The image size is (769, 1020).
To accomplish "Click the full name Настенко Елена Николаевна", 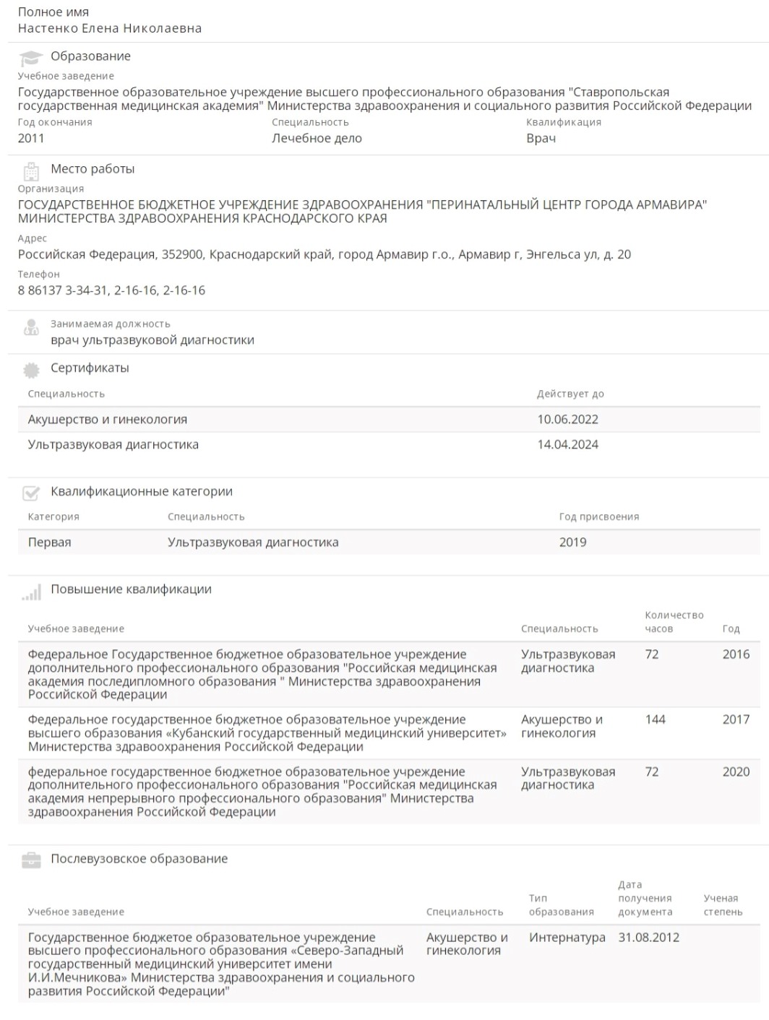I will click(109, 29).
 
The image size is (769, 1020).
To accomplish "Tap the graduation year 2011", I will click(31, 139).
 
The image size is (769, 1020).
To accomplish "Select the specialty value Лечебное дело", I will click(317, 139).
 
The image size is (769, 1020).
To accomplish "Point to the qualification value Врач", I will click(541, 139).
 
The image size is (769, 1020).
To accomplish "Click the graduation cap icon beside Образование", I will click(30, 58).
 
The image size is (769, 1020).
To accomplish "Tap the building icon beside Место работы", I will click(31, 171).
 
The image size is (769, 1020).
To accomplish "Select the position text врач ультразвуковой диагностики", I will click(152, 340).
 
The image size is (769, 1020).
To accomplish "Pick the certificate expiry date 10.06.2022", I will click(567, 420).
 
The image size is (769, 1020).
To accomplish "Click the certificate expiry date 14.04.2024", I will click(567, 445).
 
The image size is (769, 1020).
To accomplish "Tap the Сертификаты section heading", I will click(90, 368).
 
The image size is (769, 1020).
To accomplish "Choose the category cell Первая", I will click(49, 543).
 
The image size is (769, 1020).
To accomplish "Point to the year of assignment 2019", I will click(572, 543).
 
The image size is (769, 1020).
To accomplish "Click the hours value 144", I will click(655, 719).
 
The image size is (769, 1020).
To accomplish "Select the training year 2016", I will click(736, 654).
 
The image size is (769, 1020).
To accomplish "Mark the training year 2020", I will click(736, 772).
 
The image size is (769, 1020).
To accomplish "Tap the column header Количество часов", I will click(673, 622).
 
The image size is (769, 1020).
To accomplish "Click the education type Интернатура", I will click(567, 938).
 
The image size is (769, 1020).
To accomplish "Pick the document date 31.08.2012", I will click(648, 938).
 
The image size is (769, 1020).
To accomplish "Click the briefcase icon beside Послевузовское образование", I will click(31, 860).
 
